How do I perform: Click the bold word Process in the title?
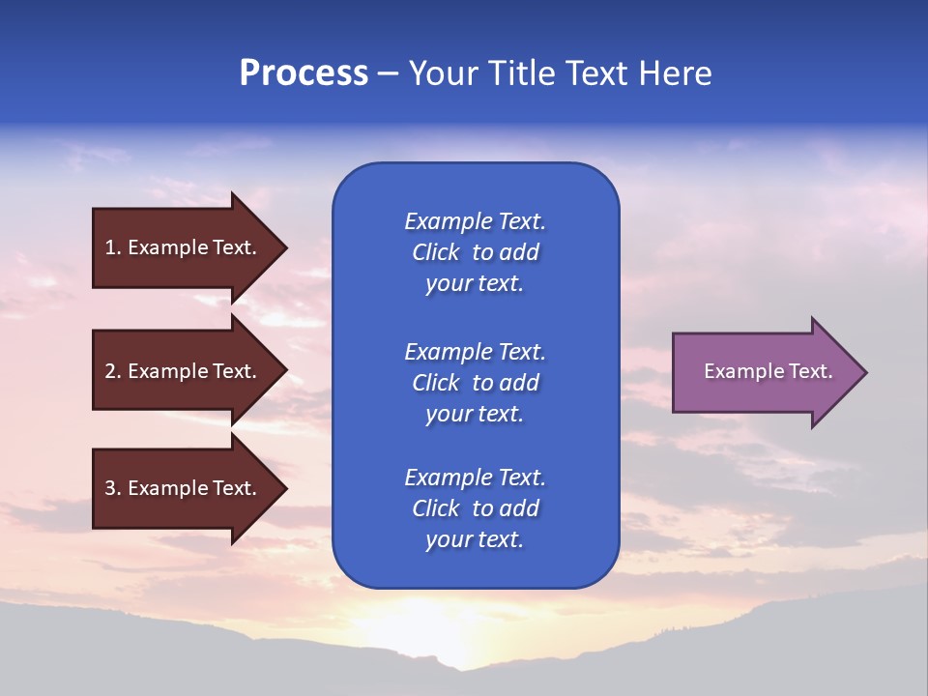click(304, 73)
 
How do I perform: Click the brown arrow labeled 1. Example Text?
click(184, 247)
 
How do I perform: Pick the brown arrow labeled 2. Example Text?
click(184, 371)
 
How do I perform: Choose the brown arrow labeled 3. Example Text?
click(184, 488)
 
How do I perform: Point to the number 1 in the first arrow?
click(110, 247)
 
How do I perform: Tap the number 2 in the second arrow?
click(110, 371)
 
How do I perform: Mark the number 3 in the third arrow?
click(110, 488)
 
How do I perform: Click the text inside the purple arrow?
click(768, 371)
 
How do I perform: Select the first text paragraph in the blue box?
click(475, 252)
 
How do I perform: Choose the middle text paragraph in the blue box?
click(475, 383)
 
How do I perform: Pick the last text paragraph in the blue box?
click(475, 508)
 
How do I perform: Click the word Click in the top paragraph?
click(436, 252)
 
